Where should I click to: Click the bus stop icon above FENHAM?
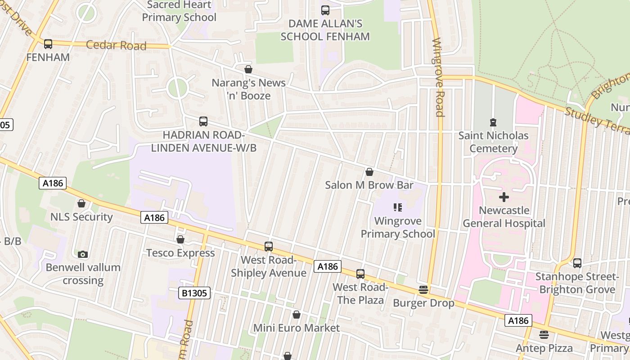pyautogui.click(x=48, y=44)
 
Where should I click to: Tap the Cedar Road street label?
pyautogui.click(x=116, y=45)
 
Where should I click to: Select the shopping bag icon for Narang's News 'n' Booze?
pyautogui.click(x=248, y=69)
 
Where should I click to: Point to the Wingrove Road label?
pyautogui.click(x=438, y=77)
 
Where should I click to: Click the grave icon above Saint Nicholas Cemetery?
pyautogui.click(x=493, y=122)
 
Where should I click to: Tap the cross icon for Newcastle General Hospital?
pyautogui.click(x=504, y=197)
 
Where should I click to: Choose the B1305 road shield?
pyautogui.click(x=194, y=293)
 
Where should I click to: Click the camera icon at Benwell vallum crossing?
pyautogui.click(x=82, y=254)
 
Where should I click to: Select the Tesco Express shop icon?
pyautogui.click(x=180, y=239)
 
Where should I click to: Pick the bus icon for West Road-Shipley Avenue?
pyautogui.click(x=269, y=246)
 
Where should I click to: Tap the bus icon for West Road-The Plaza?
pyautogui.click(x=360, y=274)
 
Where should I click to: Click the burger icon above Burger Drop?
pyautogui.click(x=423, y=290)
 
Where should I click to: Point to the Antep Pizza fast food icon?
pyautogui.click(x=544, y=335)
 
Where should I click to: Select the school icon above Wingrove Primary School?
pyautogui.click(x=398, y=207)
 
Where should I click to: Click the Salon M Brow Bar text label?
pyautogui.click(x=369, y=185)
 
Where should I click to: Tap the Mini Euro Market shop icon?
pyautogui.click(x=296, y=315)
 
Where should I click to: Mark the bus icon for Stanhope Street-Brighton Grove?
pyautogui.click(x=577, y=263)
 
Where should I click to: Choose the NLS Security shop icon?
pyautogui.click(x=81, y=203)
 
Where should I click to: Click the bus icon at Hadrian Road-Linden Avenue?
pyautogui.click(x=203, y=121)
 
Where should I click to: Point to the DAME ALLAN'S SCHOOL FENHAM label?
pyautogui.click(x=325, y=30)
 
